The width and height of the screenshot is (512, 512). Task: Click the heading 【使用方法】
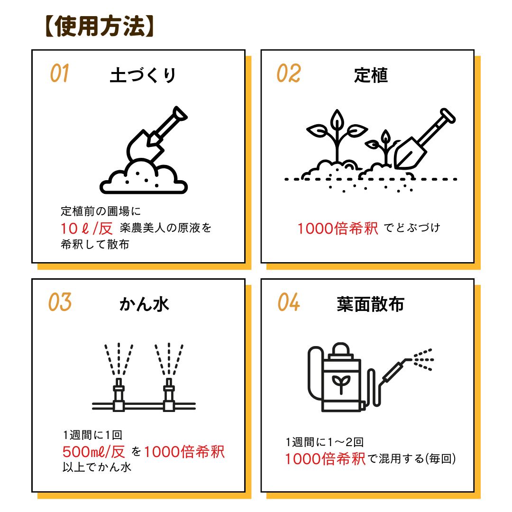pyautogui.click(x=100, y=26)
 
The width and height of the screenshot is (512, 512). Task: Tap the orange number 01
pyautogui.click(x=59, y=73)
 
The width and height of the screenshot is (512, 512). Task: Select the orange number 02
pyautogui.click(x=289, y=73)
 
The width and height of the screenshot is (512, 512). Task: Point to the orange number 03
pyautogui.click(x=60, y=302)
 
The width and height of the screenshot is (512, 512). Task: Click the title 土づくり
pyautogui.click(x=143, y=75)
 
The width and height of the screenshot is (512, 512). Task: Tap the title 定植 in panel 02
pyautogui.click(x=371, y=75)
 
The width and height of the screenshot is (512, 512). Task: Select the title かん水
pyautogui.click(x=144, y=304)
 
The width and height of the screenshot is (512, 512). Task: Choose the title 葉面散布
pyautogui.click(x=371, y=304)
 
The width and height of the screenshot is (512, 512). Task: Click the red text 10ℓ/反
pyautogui.click(x=87, y=228)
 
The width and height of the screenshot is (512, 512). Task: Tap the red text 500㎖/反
pyautogui.click(x=94, y=452)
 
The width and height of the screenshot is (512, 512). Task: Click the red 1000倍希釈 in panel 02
pyautogui.click(x=338, y=228)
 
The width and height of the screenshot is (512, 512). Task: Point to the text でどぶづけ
pyautogui.click(x=412, y=228)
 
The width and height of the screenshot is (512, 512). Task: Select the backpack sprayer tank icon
pyautogui.click(x=341, y=377)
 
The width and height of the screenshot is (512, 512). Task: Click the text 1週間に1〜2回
pyautogui.click(x=325, y=442)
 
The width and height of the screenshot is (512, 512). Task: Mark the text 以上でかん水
pyautogui.click(x=97, y=467)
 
